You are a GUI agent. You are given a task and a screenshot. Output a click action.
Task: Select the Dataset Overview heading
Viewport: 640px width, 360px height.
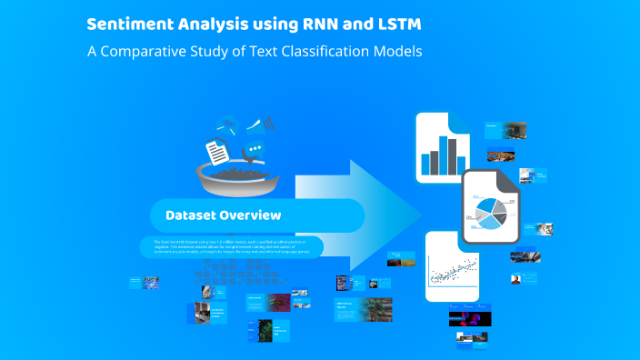pyautogui.click(x=223, y=215)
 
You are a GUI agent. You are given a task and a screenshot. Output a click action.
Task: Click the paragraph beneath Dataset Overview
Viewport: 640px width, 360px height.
pyautogui.click(x=232, y=245)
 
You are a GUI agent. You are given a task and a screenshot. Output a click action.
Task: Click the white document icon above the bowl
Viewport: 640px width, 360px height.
pyautogui.click(x=215, y=148)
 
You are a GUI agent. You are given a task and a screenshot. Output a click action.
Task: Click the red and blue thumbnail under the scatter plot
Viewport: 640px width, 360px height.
pyautogui.click(x=469, y=318)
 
